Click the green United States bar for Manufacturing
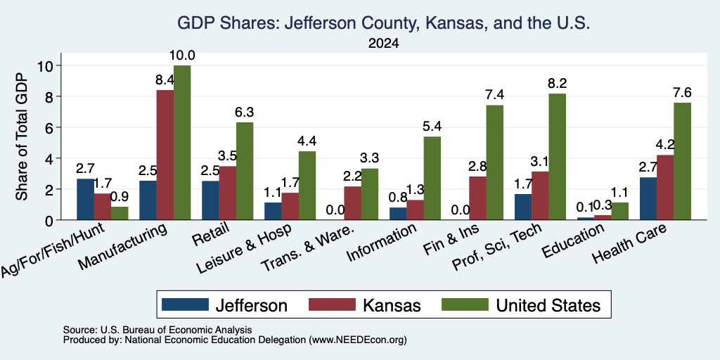tap(182, 143)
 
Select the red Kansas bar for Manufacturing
tap(165, 155)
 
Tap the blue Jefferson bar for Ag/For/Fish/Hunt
tap(85, 199)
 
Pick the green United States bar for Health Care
tap(682, 161)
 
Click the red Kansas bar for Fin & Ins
tap(477, 198)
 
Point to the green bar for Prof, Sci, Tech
tap(558, 157)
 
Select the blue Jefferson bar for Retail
tap(210, 200)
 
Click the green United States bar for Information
tap(432, 178)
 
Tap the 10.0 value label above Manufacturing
tap(182, 56)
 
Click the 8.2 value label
tap(558, 84)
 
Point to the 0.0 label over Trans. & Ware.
tap(335, 210)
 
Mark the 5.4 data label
tap(432, 127)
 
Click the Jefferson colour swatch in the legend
tap(185, 304)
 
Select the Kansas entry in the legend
tap(392, 305)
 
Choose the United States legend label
tap(548, 305)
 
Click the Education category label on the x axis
tap(572, 240)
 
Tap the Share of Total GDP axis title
tap(22, 136)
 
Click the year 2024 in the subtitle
tap(383, 44)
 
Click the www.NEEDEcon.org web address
tap(358, 340)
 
